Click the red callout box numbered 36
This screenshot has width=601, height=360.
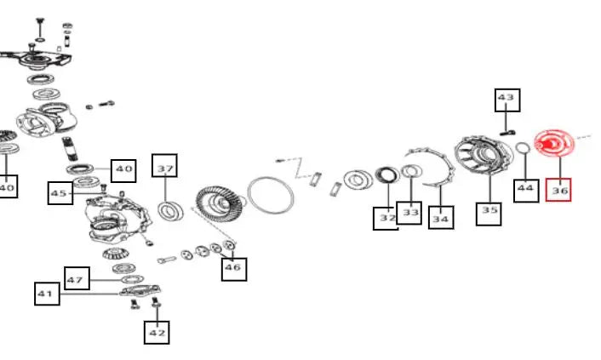(x=558, y=190)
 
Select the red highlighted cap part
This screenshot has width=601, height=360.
(x=554, y=143)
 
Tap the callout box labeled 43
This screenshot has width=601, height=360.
(x=507, y=100)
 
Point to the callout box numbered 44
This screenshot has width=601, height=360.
(x=526, y=191)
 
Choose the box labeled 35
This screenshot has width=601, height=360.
(x=489, y=214)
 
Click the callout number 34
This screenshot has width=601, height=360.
(x=441, y=218)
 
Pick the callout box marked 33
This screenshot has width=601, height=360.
(x=409, y=213)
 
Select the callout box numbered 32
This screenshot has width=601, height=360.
(x=386, y=219)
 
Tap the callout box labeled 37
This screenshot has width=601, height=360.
(x=164, y=166)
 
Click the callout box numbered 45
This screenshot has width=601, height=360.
(x=60, y=193)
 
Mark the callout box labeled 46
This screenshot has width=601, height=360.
(x=234, y=269)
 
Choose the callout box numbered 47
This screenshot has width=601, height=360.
(x=77, y=278)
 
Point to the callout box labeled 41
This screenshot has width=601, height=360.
(x=47, y=294)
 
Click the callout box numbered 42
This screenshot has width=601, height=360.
(x=157, y=333)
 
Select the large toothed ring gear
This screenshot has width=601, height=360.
(x=220, y=203)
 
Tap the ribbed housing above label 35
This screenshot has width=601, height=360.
(x=484, y=155)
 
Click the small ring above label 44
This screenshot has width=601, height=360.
(x=523, y=147)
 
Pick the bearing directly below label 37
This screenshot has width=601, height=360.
(x=170, y=211)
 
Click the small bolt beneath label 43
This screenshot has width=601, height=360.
(x=507, y=133)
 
